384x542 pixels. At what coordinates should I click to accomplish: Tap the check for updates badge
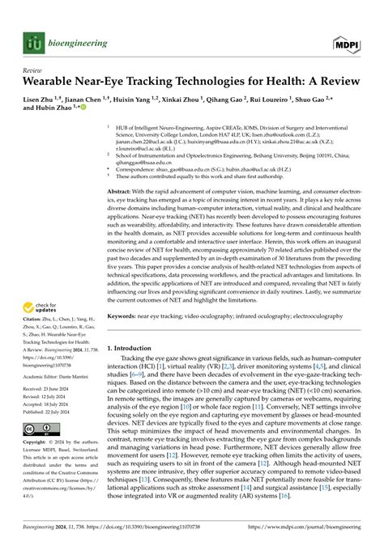coord(42,307)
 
